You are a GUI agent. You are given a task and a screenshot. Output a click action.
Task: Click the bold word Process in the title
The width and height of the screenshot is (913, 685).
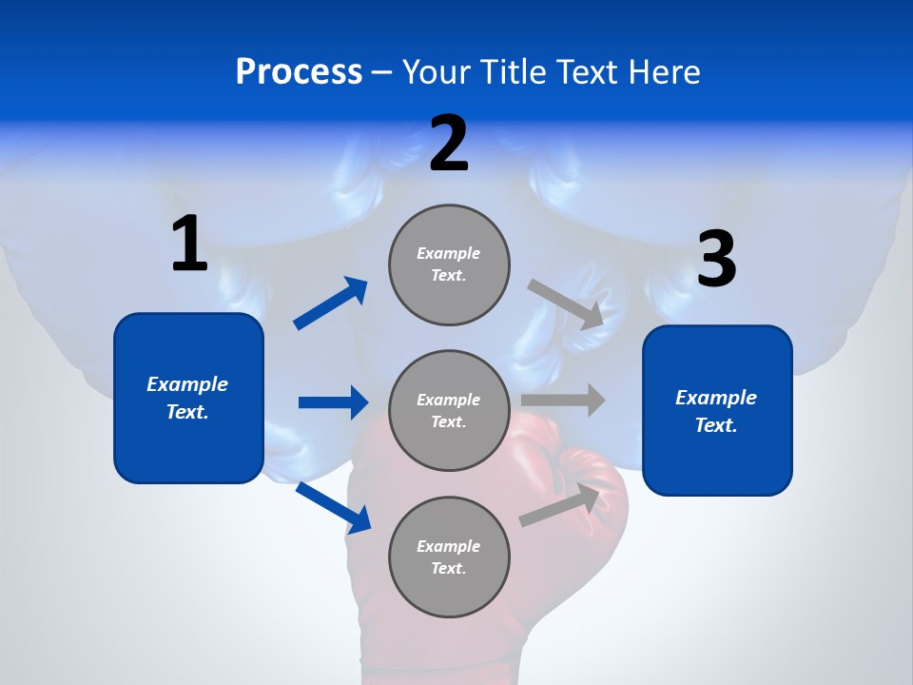299,72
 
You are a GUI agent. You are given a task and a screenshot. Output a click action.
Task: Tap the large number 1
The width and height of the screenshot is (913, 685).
189,244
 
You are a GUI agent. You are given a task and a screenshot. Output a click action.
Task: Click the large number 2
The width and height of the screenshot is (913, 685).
449,144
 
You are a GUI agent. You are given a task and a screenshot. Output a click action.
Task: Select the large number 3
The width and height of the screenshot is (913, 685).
716,260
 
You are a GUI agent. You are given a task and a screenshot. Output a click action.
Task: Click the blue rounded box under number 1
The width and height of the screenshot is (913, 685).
188,398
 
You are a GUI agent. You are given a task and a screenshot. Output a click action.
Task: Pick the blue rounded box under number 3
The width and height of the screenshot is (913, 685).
717,410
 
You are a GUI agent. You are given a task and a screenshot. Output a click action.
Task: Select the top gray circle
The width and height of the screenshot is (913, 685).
449,264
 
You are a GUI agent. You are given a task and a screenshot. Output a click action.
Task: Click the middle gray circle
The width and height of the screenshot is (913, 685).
449,410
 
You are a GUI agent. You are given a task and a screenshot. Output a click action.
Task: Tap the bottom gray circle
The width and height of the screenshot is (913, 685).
449,557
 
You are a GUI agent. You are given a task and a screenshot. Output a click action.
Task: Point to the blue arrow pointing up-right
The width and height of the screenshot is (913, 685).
331,303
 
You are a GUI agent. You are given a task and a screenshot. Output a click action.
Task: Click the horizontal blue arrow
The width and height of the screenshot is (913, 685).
333,402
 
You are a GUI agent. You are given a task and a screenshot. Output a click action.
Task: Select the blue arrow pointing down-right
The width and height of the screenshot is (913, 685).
333,507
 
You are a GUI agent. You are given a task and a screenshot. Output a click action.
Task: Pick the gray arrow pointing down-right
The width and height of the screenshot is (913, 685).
565,303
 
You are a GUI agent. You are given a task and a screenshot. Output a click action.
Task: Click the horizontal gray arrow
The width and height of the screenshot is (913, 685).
563,400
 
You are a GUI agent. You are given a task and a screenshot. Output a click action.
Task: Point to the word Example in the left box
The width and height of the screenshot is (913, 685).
187,384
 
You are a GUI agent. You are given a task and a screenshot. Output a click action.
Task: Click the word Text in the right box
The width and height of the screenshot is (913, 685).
714,425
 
